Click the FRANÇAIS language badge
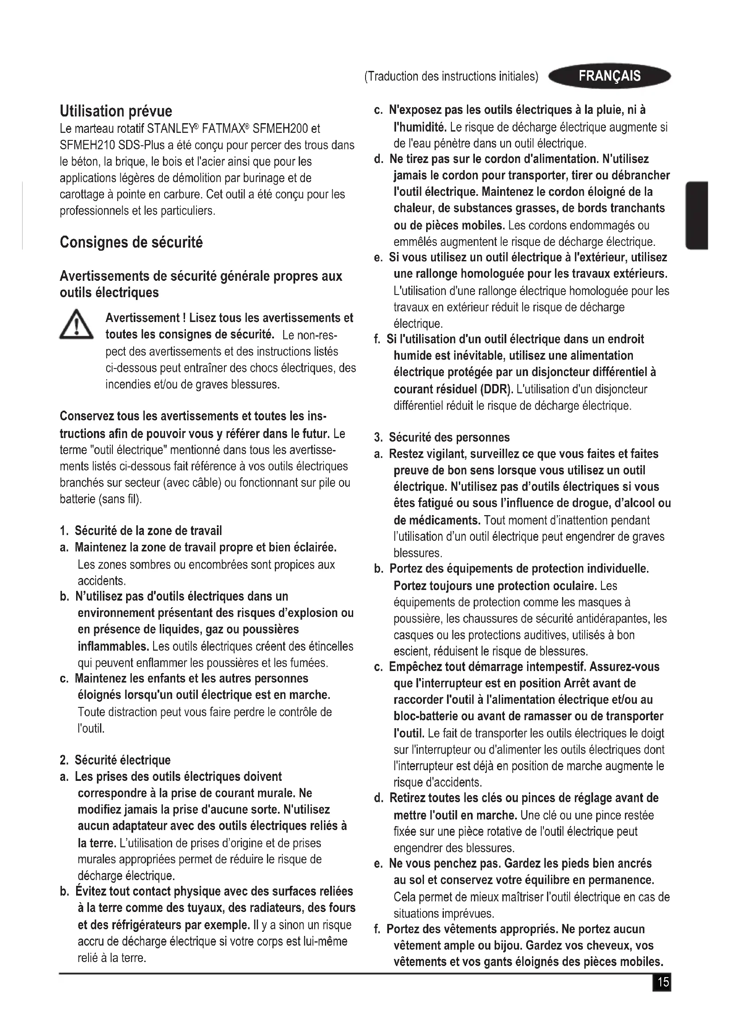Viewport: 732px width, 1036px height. tap(609, 76)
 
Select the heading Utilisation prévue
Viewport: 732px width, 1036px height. tap(116, 111)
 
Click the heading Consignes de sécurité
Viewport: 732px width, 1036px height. tap(131, 242)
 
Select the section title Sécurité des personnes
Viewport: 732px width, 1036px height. tap(449, 437)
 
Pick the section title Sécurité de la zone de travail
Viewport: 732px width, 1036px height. tap(148, 531)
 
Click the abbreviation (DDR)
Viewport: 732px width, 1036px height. tap(497, 389)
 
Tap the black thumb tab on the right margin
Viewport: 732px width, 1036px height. tap(697, 215)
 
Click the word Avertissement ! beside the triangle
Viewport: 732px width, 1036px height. tap(146, 318)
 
